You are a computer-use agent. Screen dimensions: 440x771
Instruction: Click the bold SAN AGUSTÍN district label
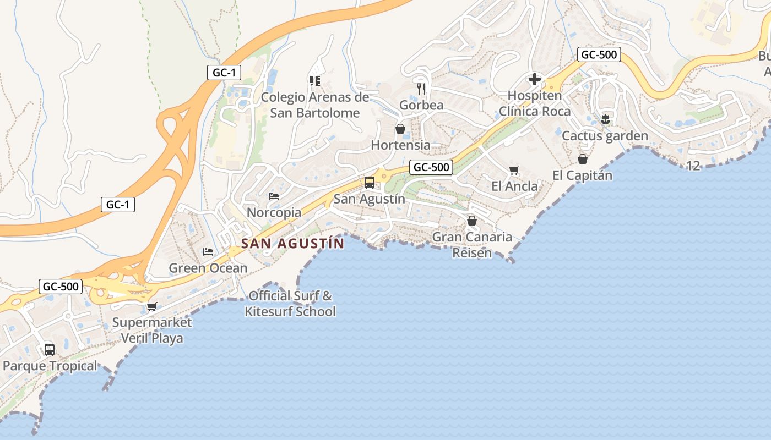pos(292,243)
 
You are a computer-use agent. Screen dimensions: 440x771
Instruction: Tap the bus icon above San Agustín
pos(369,183)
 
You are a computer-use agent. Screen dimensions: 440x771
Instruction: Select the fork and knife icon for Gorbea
pos(421,88)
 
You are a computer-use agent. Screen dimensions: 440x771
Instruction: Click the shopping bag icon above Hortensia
pos(400,129)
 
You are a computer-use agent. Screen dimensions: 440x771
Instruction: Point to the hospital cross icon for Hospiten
pos(534,79)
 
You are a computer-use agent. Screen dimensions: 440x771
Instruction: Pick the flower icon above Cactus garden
pos(605,119)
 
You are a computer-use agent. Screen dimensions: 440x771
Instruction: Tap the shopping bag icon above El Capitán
pos(582,159)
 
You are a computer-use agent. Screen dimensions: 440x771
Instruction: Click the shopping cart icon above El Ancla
pos(514,170)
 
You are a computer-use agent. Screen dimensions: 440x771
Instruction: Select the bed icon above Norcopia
pos(274,196)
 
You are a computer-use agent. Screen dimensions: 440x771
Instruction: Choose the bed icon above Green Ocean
pos(208,251)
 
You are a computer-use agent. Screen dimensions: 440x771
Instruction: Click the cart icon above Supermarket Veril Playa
pos(151,306)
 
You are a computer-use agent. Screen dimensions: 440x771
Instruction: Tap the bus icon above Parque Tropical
pos(50,349)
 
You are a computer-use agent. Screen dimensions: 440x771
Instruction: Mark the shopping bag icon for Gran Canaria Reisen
pos(472,221)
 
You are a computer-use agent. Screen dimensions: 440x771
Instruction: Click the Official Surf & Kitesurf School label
pos(290,304)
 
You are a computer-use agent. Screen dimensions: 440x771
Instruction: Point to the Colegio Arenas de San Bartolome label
pos(315,105)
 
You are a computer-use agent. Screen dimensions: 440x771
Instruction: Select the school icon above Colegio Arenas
pos(315,81)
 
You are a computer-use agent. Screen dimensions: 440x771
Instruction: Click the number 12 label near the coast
pos(693,166)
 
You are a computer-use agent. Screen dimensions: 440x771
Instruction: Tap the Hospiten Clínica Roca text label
pos(535,103)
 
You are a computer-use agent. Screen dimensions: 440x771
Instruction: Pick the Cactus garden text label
pos(605,135)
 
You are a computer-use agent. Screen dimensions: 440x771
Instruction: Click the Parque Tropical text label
pos(50,366)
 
